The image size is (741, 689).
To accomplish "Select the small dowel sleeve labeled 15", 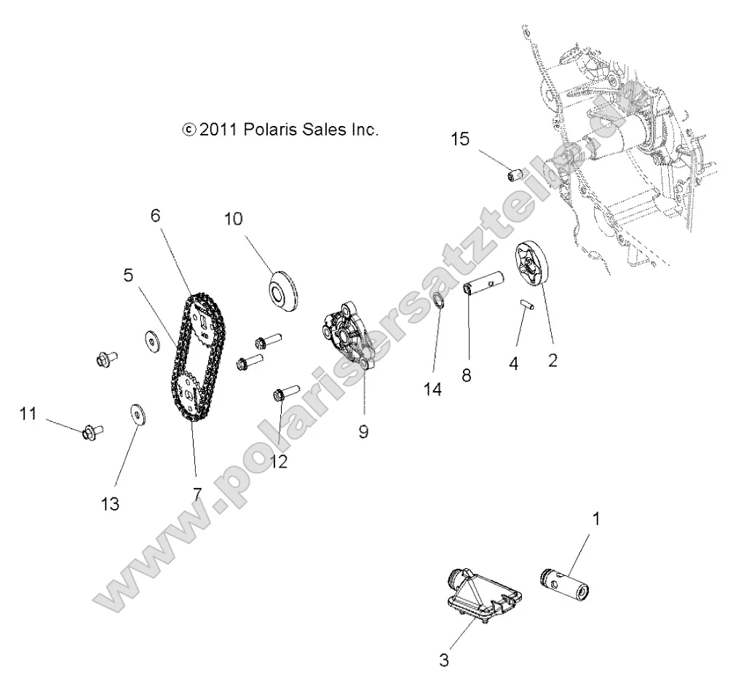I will [x=516, y=176].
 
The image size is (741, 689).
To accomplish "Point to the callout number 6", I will [x=154, y=216].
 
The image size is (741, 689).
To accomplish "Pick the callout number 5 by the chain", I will [x=128, y=276].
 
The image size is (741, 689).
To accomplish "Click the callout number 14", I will [x=432, y=390].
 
